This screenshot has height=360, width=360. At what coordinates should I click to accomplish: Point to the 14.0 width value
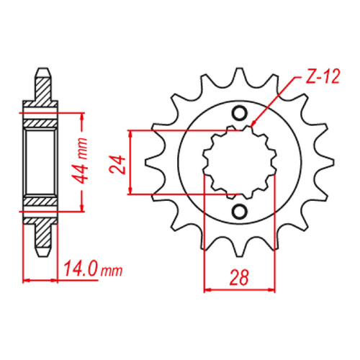[x=78, y=271]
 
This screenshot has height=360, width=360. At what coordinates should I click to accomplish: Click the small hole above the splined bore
[x=240, y=114]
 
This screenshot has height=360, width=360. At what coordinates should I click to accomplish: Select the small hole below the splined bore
[x=240, y=211]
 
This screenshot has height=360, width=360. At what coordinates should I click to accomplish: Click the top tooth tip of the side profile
[x=42, y=71]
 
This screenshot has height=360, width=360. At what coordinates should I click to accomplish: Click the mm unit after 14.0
[x=112, y=271]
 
